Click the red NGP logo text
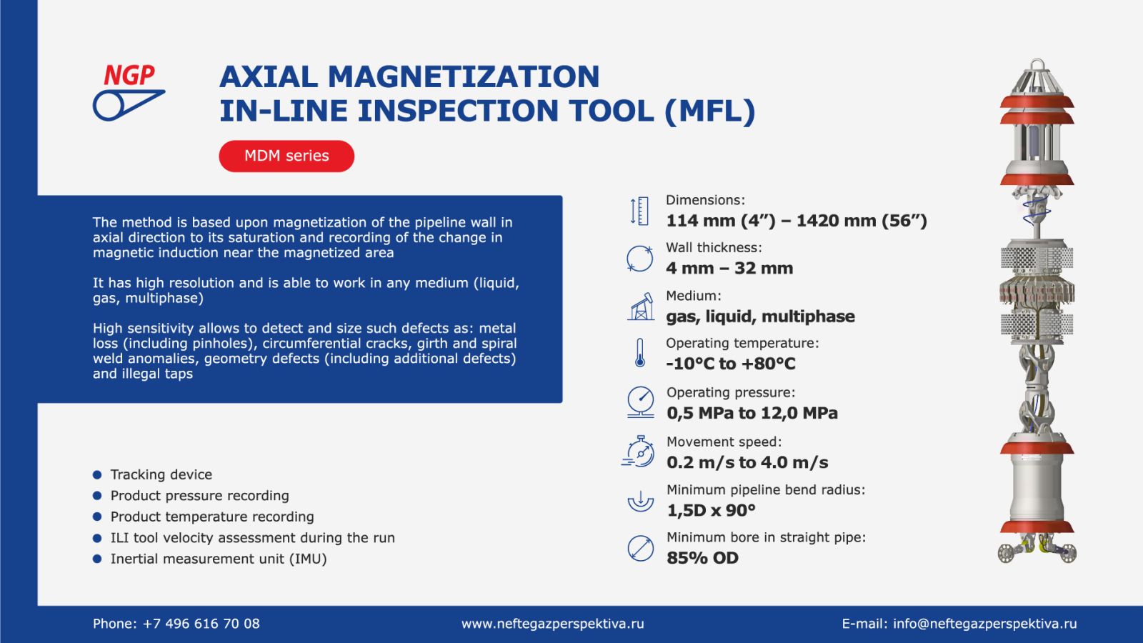point(129,74)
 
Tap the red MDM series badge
point(286,156)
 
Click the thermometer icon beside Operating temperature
point(640,353)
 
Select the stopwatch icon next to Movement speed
point(639,452)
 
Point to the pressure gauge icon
point(640,402)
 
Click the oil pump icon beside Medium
point(641,306)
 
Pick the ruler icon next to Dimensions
point(639,211)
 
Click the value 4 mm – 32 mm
point(729,269)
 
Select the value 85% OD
point(702,558)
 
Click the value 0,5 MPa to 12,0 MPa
point(752,413)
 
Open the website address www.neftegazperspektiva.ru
point(552,624)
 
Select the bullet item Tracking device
point(161,474)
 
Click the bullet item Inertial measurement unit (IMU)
point(218,559)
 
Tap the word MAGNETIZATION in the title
point(463,76)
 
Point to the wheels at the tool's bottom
point(1037,552)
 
